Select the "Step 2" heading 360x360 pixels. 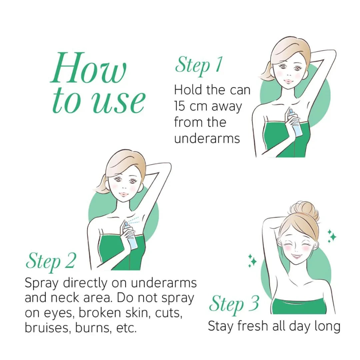coord(51,261)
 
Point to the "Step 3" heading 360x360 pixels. coord(234,304)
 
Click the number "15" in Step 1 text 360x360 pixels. coord(179,106)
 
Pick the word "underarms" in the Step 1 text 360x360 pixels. coord(207,138)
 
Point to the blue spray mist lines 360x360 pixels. coord(134,220)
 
